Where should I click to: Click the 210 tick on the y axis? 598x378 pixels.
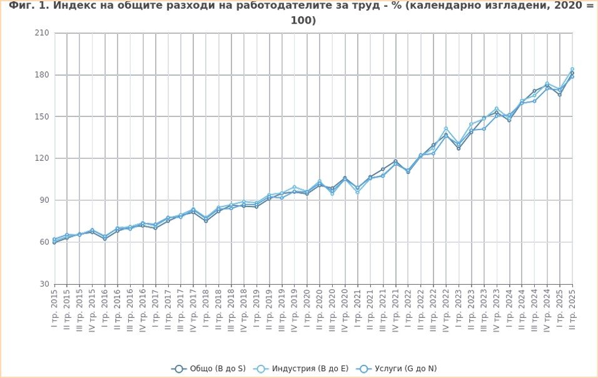click(43, 33)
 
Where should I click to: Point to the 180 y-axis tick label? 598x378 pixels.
click(43, 75)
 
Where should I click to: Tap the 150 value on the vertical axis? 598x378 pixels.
click(43, 117)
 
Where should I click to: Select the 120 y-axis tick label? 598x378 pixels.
click(43, 158)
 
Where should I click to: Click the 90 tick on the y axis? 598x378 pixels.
click(44, 200)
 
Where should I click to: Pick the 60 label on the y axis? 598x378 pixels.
click(44, 242)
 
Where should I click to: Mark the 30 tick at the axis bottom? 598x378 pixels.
click(44, 284)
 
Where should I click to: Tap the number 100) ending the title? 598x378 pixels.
click(303, 20)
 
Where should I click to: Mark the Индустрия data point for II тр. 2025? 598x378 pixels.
click(572, 69)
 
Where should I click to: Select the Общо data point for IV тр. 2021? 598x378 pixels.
click(395, 161)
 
